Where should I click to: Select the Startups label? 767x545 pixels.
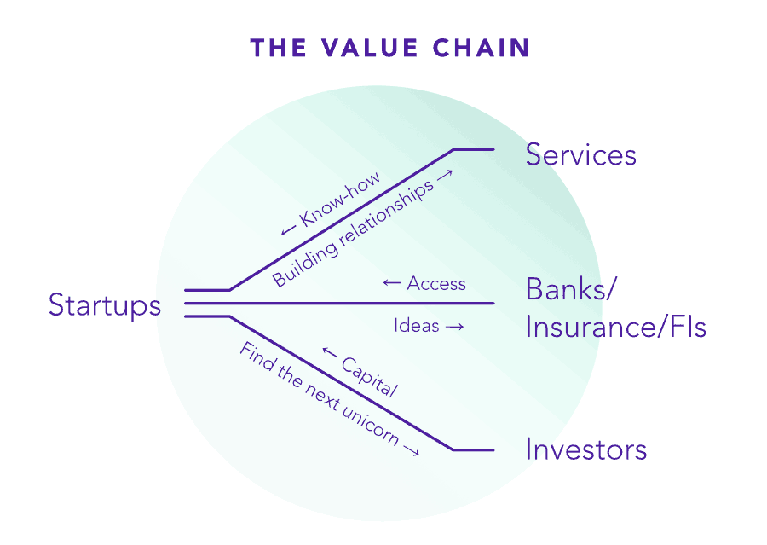[x=105, y=305]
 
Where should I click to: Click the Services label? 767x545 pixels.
[x=580, y=155]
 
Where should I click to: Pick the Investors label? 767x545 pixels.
[x=586, y=449]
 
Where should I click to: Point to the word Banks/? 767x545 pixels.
[x=570, y=289]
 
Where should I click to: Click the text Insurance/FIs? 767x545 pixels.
[x=615, y=327]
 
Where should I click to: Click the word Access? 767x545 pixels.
[x=436, y=283]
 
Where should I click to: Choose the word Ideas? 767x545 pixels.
[x=417, y=326]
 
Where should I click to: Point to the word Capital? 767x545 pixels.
[x=370, y=377]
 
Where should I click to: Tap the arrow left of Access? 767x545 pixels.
[x=392, y=283]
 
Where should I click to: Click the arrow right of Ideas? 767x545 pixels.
[x=455, y=327]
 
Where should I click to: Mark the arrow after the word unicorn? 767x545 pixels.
[x=411, y=449]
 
